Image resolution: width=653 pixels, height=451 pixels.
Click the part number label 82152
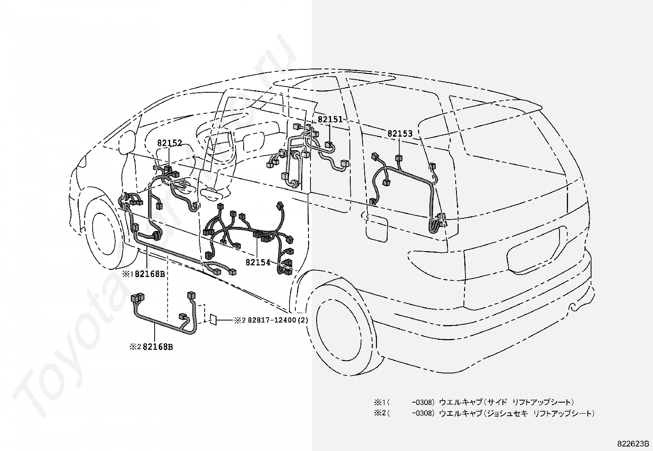(169, 143)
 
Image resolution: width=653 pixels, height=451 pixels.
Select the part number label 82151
(330, 119)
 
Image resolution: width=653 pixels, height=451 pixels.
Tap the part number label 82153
(400, 134)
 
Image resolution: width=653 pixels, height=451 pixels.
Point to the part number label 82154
(258, 262)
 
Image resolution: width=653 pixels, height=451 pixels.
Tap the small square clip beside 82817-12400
(213, 319)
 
